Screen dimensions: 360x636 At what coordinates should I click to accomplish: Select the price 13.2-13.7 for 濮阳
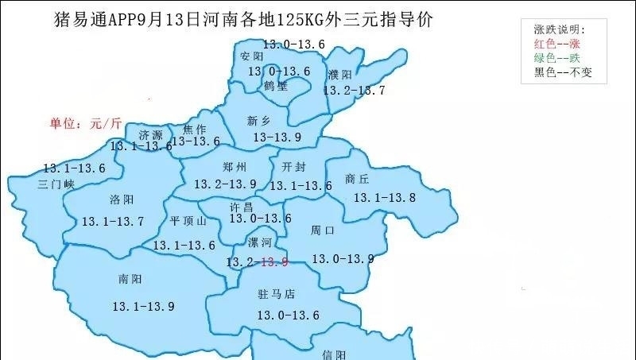(354, 91)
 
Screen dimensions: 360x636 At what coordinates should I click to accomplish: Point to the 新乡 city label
(259, 121)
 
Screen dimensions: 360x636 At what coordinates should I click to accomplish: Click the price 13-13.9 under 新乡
(276, 137)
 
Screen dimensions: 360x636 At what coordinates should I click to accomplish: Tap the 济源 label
(150, 134)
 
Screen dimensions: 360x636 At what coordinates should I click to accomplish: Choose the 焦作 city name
(195, 129)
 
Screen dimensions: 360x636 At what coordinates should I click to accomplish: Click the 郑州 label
(235, 167)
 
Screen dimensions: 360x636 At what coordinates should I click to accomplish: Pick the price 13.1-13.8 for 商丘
(384, 197)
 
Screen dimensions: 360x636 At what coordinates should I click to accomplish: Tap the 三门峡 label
(56, 184)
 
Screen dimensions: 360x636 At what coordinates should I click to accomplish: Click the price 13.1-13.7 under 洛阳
(112, 221)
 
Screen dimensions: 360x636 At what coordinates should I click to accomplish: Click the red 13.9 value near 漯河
(274, 261)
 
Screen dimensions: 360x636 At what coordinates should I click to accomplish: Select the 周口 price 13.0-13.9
(343, 258)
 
